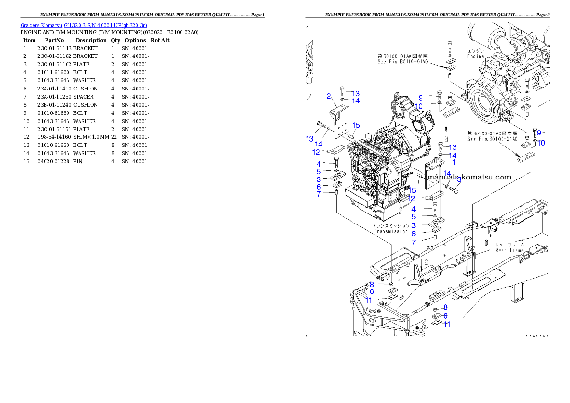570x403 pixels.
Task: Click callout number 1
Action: point(454,162)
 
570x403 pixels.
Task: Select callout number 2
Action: point(328,96)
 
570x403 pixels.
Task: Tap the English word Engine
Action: point(475,56)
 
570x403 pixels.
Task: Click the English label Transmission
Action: point(390,232)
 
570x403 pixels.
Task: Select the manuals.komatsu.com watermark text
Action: point(470,177)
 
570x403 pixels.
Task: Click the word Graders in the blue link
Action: point(27,25)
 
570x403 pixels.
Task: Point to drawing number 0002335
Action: point(536,336)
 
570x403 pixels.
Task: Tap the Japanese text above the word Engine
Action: point(476,51)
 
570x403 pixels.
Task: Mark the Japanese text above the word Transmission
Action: point(391,225)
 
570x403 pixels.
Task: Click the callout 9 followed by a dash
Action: point(539,133)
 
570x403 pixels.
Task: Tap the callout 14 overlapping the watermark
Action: point(447,173)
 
